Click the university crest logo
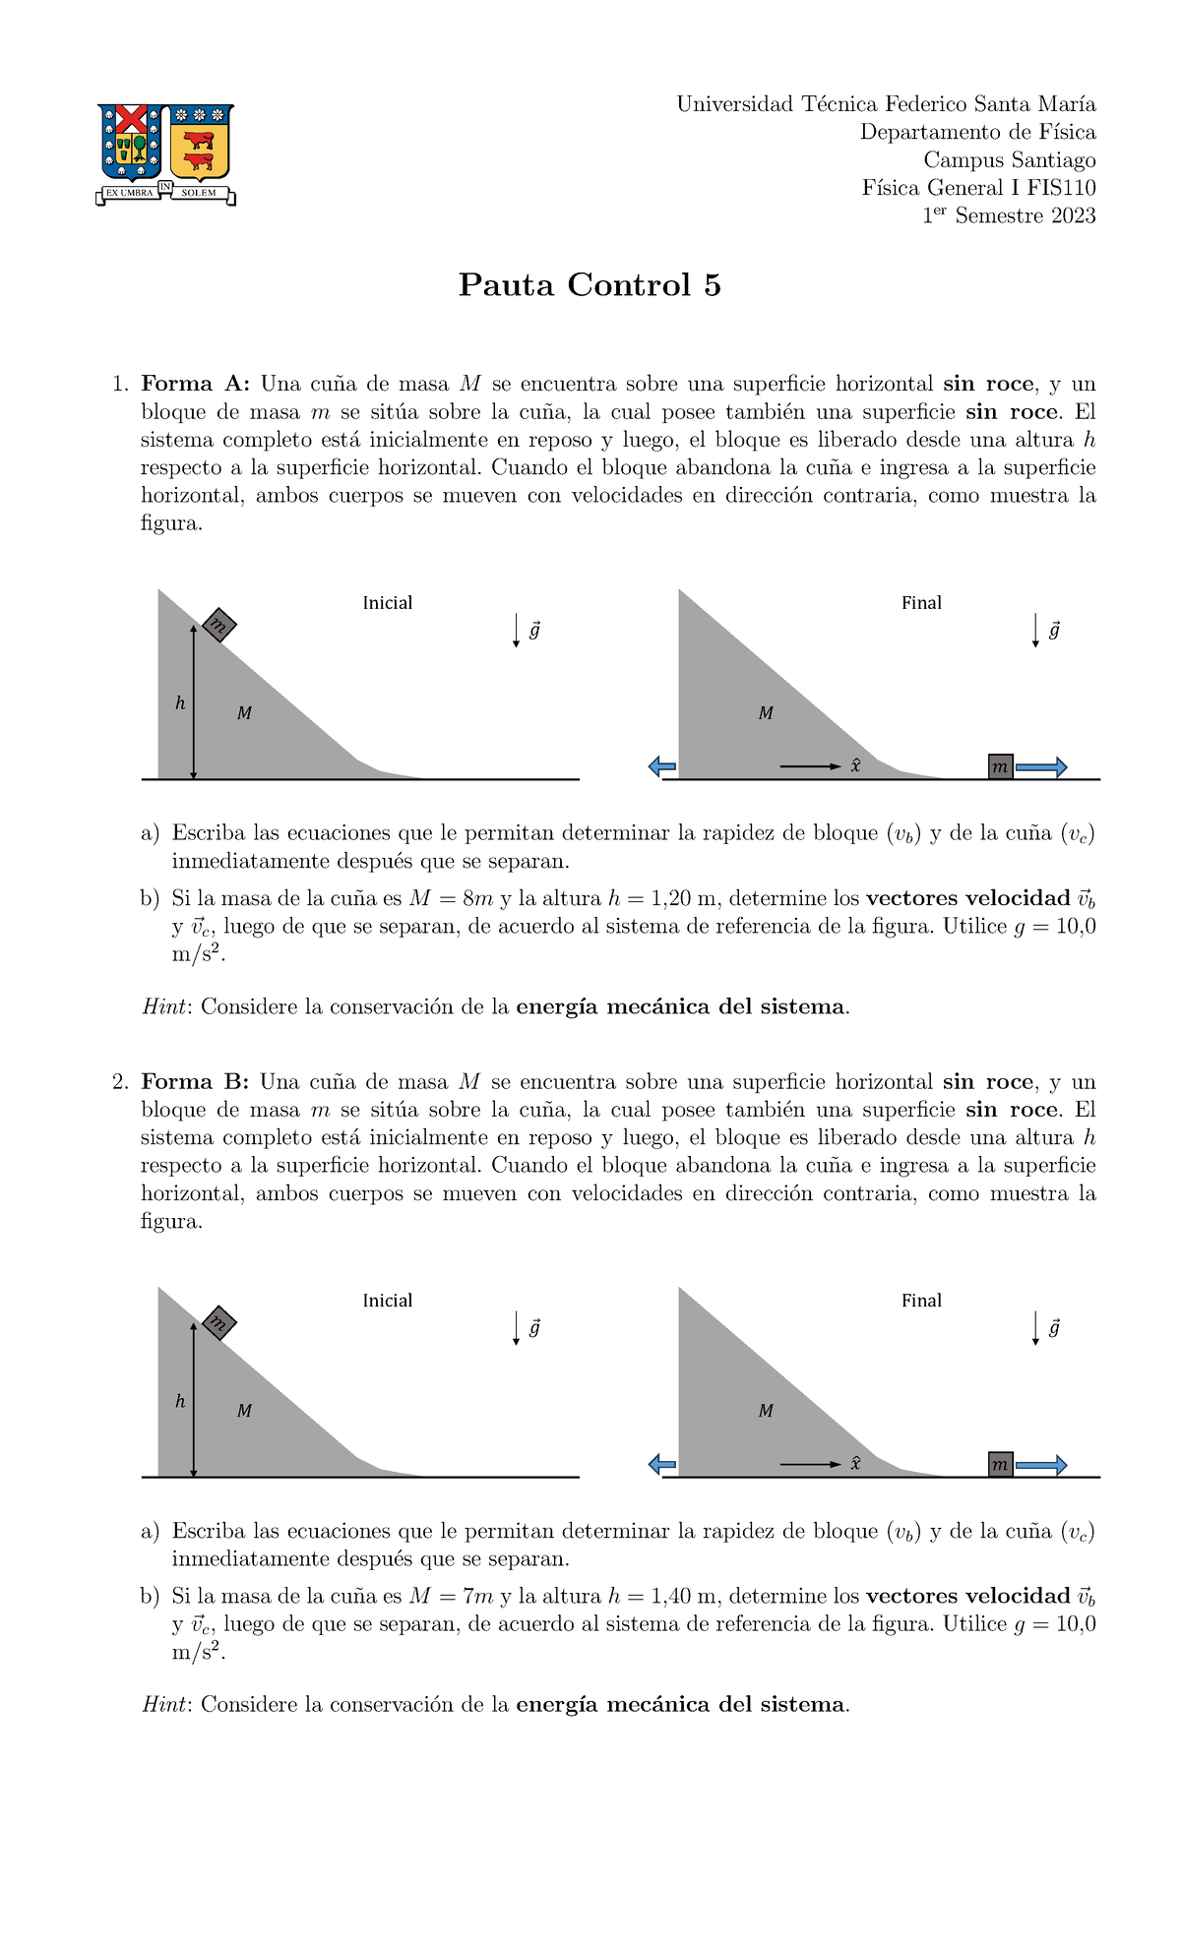click(x=165, y=154)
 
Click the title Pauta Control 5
click(x=590, y=285)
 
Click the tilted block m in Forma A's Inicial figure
click(x=218, y=625)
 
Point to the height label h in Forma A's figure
click(x=180, y=703)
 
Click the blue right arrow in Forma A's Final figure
click(x=1041, y=767)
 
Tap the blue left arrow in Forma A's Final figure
click(x=662, y=767)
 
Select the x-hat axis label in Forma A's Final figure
click(x=856, y=765)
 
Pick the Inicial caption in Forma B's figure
click(x=387, y=1301)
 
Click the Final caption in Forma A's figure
click(x=921, y=603)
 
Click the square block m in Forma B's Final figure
click(x=1001, y=1465)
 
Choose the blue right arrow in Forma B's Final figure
click(x=1041, y=1465)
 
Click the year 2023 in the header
click(x=1073, y=216)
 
